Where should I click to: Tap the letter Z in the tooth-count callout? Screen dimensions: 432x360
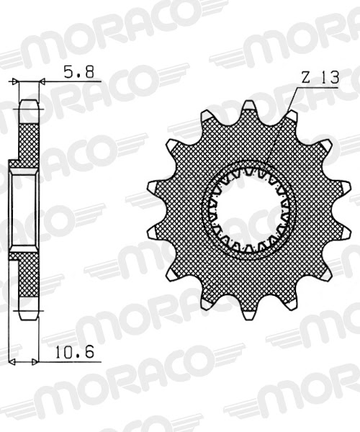305,80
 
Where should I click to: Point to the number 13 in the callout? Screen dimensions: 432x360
328,80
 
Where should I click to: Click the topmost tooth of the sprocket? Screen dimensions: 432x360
249,109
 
